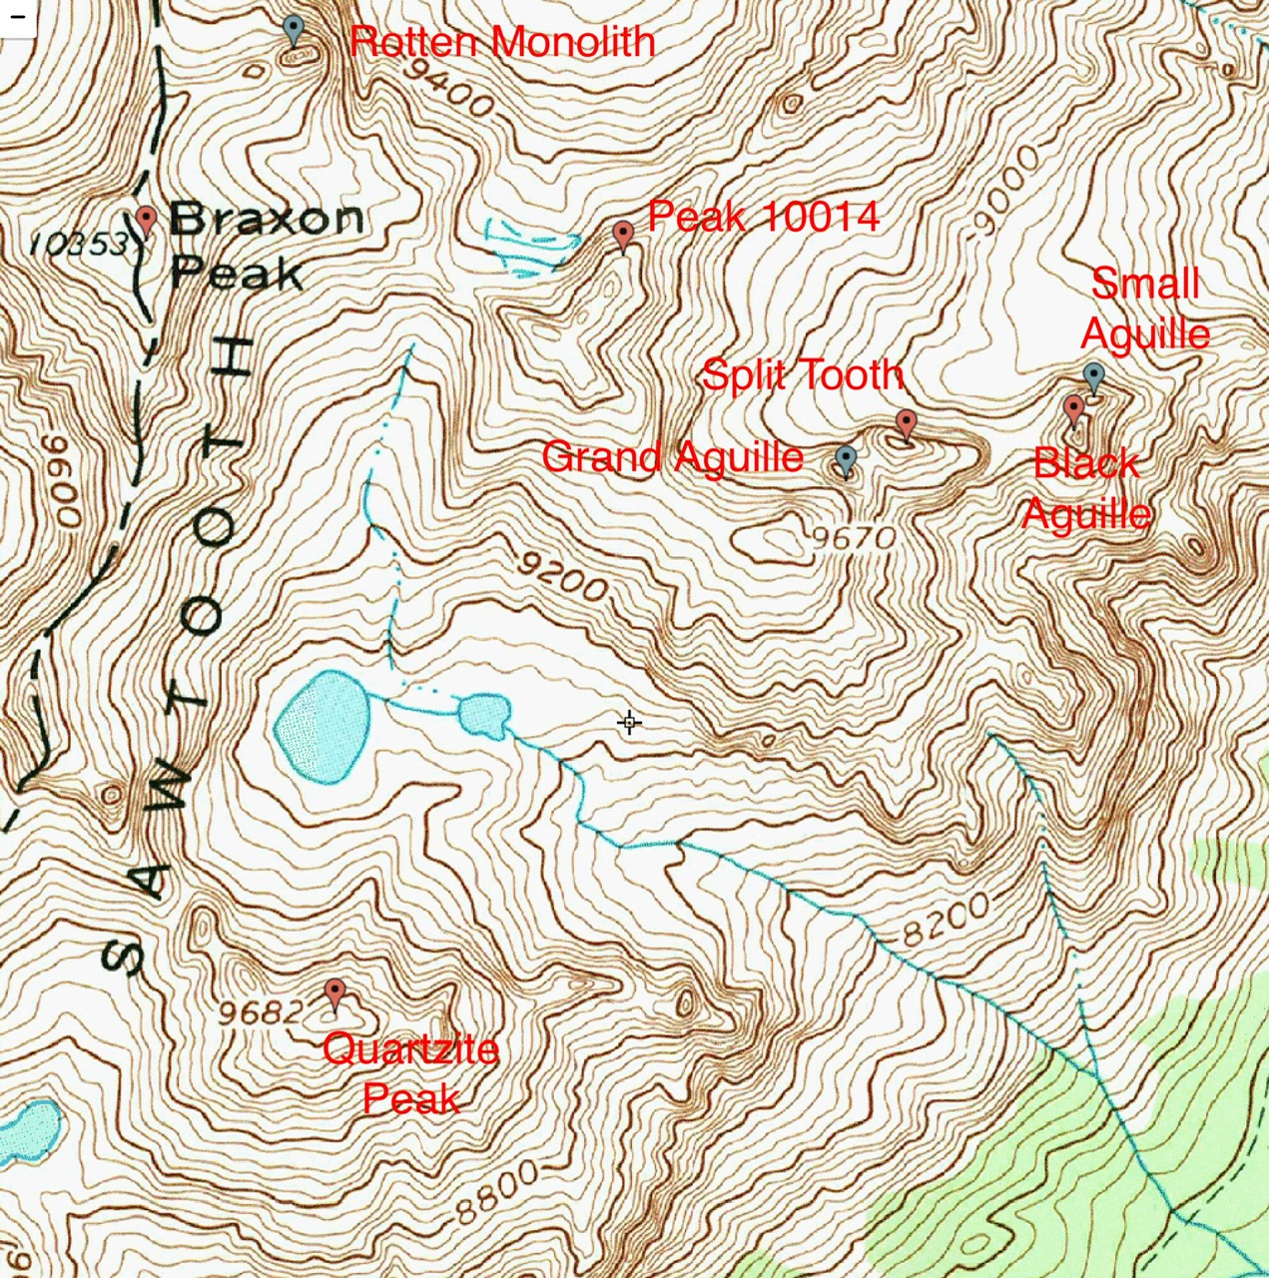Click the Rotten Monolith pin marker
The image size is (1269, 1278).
293,29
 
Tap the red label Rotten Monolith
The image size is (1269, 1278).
502,42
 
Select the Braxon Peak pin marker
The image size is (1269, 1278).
146,221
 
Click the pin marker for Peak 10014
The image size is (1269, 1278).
623,236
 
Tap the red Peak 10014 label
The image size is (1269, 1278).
763,217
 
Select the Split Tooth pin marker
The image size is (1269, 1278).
906,424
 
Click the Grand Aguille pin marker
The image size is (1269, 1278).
846,460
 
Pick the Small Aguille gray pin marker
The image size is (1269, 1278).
1093,377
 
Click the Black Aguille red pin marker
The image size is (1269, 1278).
1073,409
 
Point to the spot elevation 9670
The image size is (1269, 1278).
854,539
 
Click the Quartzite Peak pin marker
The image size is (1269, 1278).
334,994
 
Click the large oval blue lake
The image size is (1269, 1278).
322,725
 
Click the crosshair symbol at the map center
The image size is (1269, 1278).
629,722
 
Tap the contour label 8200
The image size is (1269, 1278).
946,920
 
